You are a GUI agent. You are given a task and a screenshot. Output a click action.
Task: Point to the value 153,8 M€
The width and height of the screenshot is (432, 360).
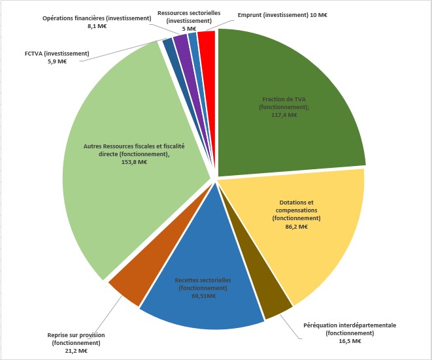click(x=134, y=162)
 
